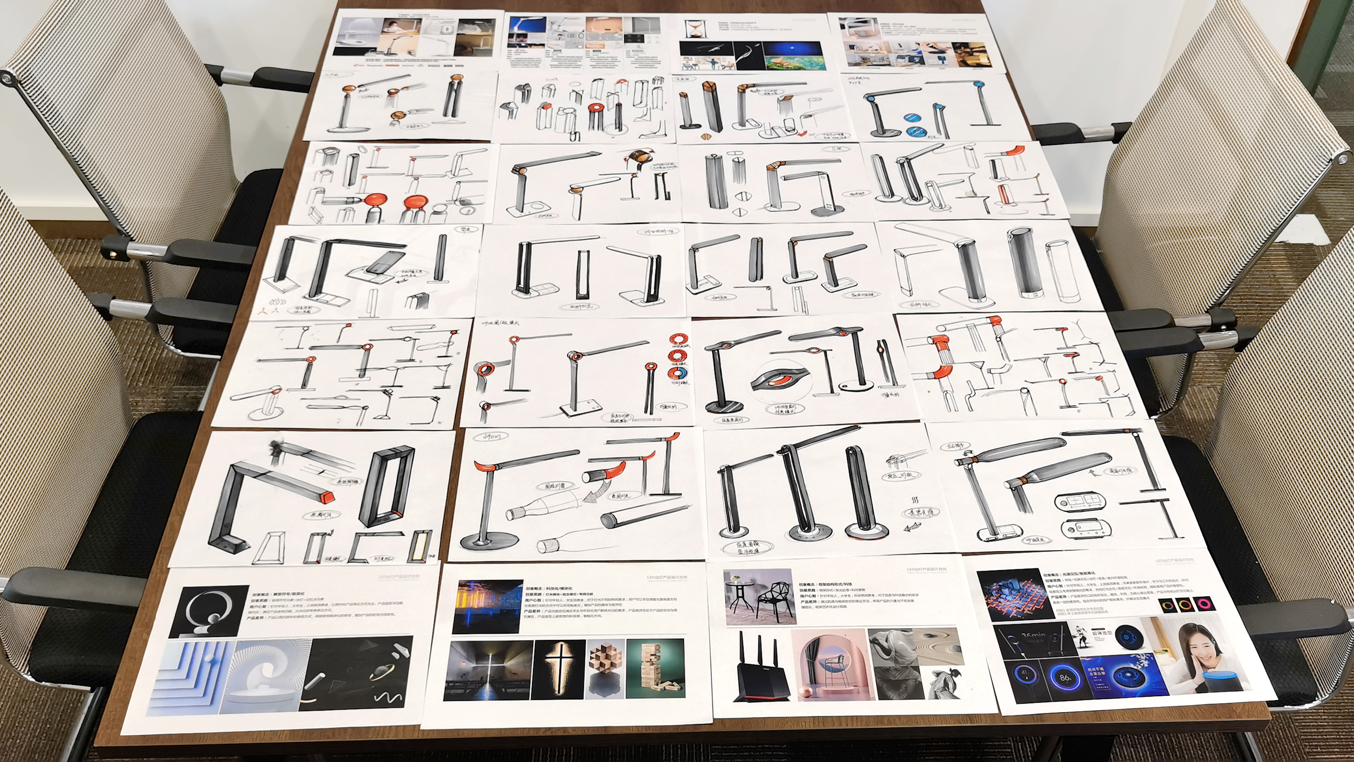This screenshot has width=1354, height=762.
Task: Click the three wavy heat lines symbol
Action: point(915,500)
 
